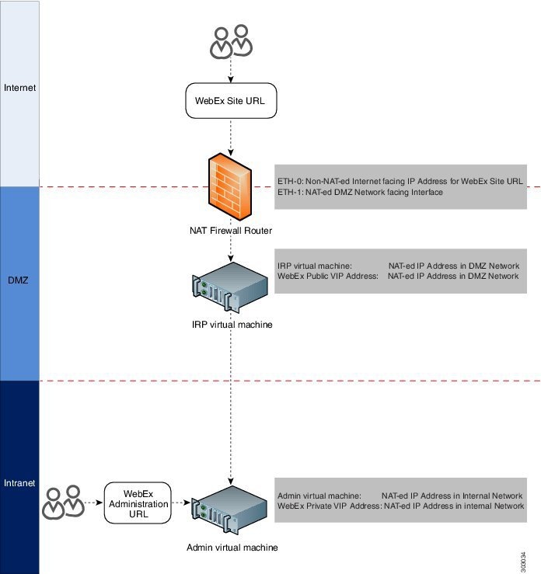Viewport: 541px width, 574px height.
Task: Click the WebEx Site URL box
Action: coord(231,101)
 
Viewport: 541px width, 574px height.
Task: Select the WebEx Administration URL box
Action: coord(138,503)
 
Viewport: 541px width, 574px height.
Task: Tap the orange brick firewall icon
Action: coord(230,186)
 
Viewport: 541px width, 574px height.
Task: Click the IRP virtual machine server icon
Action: coord(230,287)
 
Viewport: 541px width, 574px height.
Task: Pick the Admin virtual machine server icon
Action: coord(229,510)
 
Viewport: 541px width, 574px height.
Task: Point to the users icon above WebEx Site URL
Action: coord(231,41)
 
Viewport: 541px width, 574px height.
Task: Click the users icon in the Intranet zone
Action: coord(63,502)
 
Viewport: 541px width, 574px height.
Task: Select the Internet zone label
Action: coord(19,88)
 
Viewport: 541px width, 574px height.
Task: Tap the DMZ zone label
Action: coord(18,280)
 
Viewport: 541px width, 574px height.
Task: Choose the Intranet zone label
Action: coord(19,483)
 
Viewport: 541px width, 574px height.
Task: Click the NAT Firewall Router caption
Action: coord(231,231)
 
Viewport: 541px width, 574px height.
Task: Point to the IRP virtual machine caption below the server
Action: coord(232,325)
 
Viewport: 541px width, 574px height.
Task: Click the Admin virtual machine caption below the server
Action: coord(232,548)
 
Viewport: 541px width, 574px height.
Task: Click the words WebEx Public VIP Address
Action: coord(328,276)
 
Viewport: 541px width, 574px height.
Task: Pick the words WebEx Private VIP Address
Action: coord(330,506)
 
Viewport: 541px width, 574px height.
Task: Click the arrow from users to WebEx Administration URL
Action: coord(94,503)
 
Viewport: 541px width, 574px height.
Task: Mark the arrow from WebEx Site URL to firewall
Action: coord(231,137)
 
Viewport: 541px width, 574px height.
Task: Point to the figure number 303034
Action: coord(523,562)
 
